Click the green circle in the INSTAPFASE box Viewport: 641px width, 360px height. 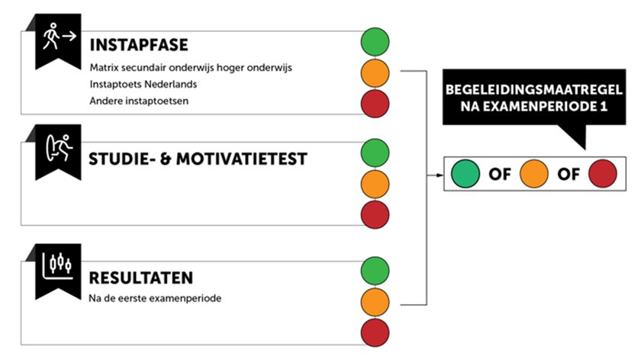click(x=375, y=42)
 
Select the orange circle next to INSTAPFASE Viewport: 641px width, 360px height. click(x=375, y=73)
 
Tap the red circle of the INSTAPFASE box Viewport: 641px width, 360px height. click(x=375, y=104)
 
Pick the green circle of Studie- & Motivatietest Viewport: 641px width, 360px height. click(x=375, y=153)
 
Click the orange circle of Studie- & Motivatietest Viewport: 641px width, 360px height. click(x=375, y=185)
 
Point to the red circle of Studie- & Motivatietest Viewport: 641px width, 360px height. click(x=375, y=214)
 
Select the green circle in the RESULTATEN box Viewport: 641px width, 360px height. click(x=375, y=271)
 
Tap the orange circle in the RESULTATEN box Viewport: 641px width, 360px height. click(x=375, y=302)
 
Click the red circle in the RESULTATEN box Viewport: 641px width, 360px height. click(x=375, y=333)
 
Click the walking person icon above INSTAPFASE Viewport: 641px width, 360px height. click(x=60, y=37)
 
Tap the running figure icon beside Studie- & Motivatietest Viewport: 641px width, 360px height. click(x=60, y=148)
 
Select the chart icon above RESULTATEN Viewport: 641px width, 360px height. click(x=58, y=266)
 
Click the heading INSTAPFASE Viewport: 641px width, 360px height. click(x=139, y=45)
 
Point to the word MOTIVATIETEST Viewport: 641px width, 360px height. click(x=242, y=159)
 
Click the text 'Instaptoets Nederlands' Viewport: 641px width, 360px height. click(x=143, y=84)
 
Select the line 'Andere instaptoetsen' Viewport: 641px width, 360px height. click(x=139, y=101)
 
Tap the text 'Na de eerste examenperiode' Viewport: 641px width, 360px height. click(x=155, y=298)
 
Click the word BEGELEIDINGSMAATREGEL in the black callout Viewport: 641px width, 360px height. click(x=534, y=90)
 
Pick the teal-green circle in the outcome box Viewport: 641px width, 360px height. click(x=465, y=174)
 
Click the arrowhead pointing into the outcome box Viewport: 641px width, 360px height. click(x=440, y=175)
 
